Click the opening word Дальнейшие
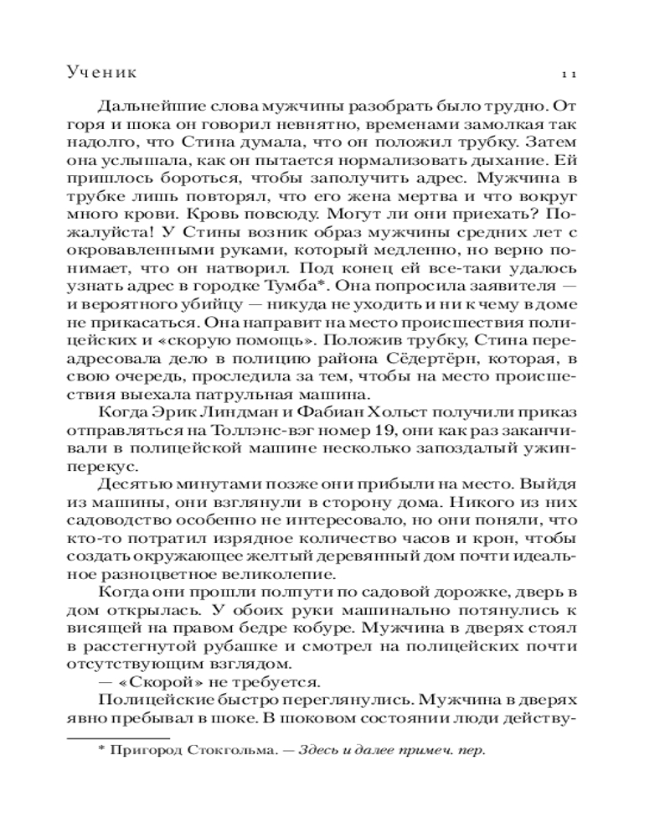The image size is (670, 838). [152, 106]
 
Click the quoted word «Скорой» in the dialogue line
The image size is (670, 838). [150, 680]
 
